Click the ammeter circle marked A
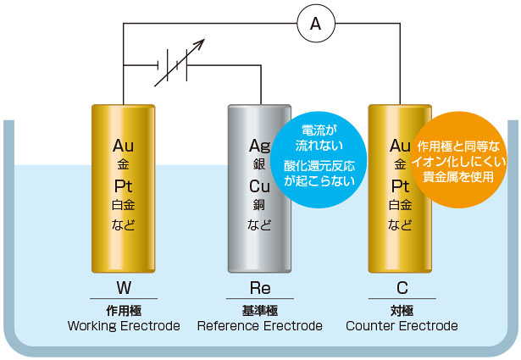[315, 25]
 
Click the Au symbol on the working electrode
[124, 145]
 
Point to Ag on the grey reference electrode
[259, 145]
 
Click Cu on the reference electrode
[259, 186]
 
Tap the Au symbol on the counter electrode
[400, 145]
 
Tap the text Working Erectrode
[124, 326]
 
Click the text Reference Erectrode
[259, 326]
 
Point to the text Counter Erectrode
[402, 326]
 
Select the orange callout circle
[462, 156]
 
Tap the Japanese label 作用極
[124, 310]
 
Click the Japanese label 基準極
[259, 310]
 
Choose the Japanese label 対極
[402, 310]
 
